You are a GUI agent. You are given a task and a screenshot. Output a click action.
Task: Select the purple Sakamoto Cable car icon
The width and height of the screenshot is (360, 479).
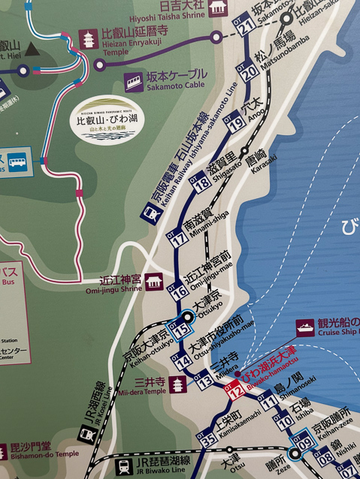point(135,80)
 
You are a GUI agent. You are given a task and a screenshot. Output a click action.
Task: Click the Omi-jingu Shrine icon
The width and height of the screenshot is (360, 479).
point(153,281)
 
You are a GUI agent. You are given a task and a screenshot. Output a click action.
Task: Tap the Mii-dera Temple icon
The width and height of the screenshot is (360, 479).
point(178,385)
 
